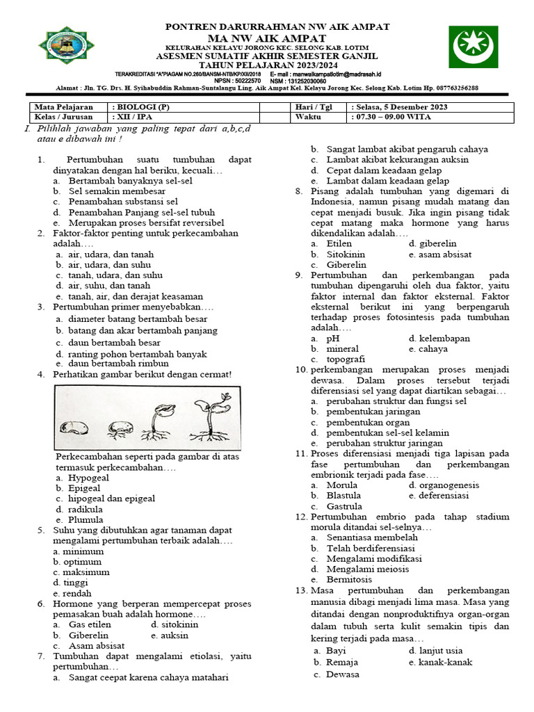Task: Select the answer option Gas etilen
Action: [90, 624]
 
